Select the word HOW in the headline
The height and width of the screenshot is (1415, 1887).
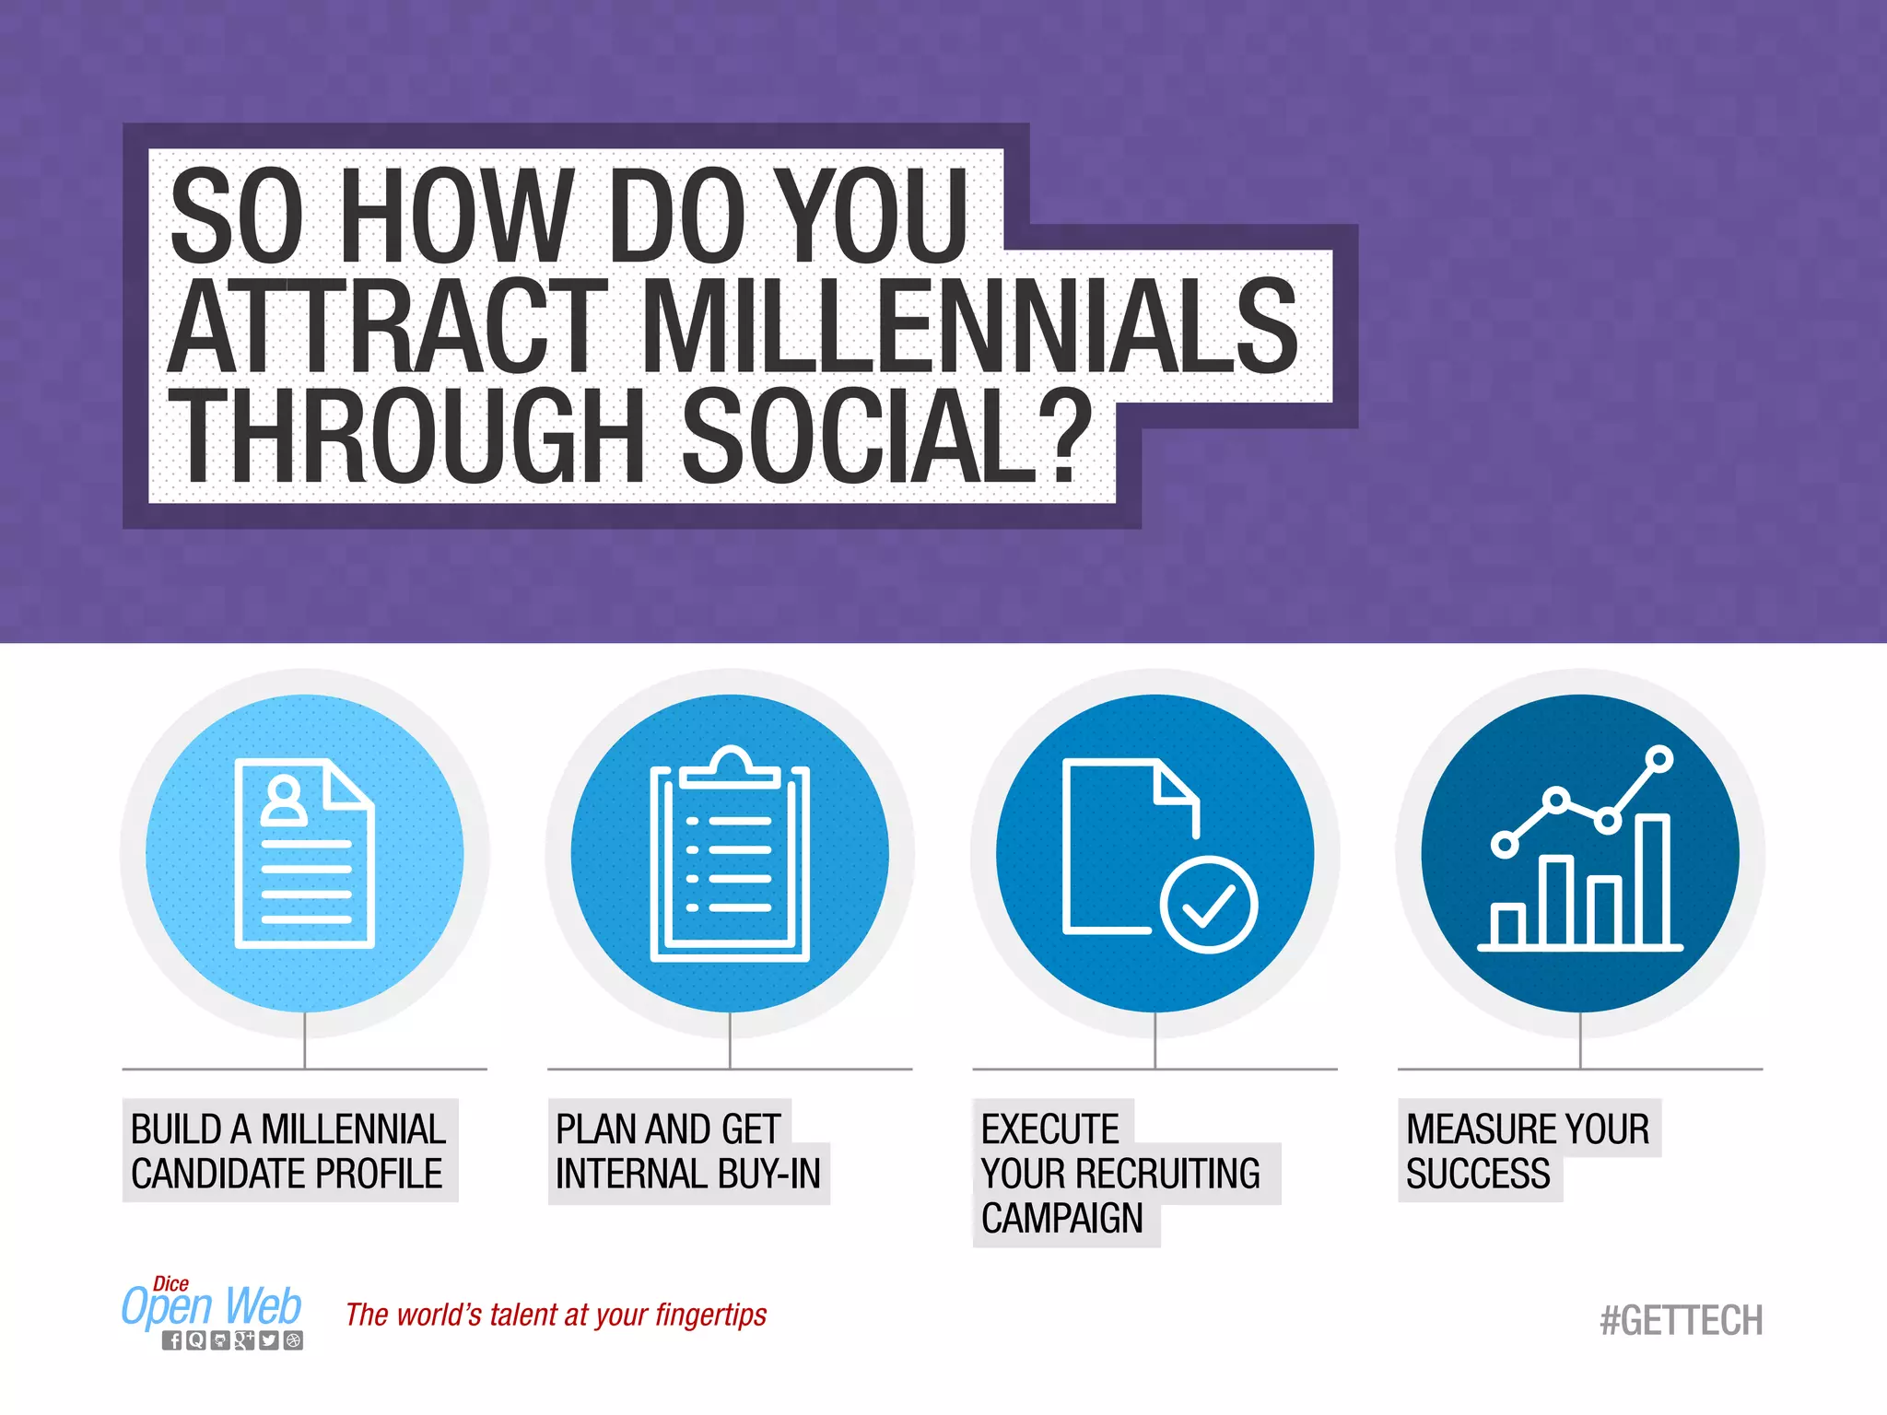(457, 216)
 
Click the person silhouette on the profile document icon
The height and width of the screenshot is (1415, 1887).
(284, 801)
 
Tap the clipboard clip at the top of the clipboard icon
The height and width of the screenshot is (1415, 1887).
(730, 767)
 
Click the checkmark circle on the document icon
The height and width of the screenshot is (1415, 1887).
(1209, 904)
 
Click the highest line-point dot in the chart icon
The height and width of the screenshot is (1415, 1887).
(1659, 759)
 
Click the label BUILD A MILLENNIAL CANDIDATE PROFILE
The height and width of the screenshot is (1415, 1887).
(288, 1151)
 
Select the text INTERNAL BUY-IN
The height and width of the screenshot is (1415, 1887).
(688, 1174)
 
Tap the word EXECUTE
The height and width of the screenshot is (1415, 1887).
(1049, 1128)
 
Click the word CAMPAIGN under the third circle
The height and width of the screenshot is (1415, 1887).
(1061, 1218)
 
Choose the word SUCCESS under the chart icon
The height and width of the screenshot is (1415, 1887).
(1477, 1174)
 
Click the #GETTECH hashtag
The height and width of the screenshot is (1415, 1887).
(1681, 1320)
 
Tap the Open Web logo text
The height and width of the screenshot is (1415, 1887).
(212, 1306)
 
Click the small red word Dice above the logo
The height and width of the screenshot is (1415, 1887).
(170, 1283)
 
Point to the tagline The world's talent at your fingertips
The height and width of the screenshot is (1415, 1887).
(556, 1315)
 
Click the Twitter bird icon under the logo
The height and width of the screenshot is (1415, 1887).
(268, 1340)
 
